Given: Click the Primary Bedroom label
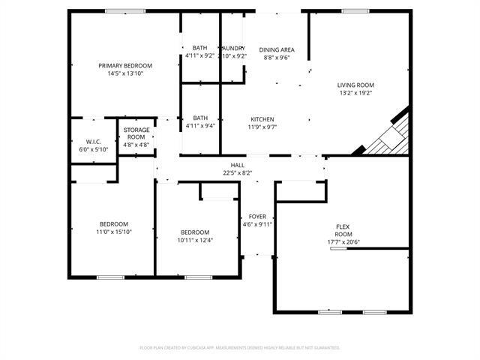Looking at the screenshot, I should tap(125, 66).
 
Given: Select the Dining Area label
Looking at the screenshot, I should tap(277, 49).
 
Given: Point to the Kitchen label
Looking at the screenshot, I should tap(262, 119).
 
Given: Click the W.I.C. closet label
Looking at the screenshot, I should tap(94, 142).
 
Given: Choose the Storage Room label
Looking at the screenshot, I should tap(136, 133).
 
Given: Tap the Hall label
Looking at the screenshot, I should tap(237, 165).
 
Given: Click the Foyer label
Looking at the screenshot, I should tap(257, 216).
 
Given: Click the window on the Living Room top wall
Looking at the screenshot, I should tap(355, 10).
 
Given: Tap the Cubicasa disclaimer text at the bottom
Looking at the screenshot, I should tap(240, 347).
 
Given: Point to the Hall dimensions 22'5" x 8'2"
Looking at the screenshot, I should tap(237, 172).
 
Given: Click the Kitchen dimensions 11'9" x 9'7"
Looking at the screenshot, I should tap(262, 127).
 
